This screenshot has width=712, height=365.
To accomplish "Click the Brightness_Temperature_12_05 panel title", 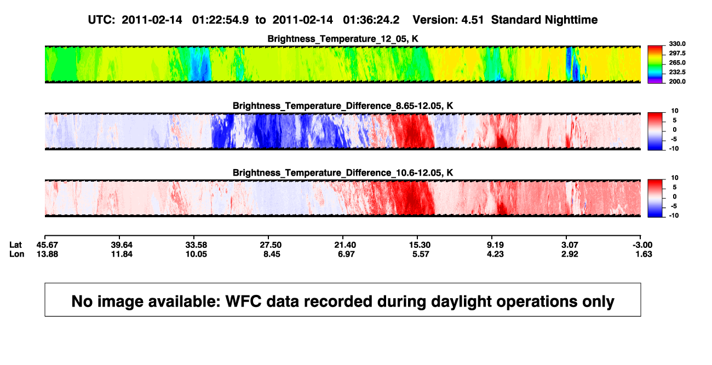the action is [x=343, y=39].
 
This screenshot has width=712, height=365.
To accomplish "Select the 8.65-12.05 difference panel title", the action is [x=343, y=106].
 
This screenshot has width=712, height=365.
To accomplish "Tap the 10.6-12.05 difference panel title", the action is [x=343, y=173].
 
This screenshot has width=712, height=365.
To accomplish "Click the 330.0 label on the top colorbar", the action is [x=677, y=44].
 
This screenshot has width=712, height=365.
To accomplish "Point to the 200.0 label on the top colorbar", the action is [x=677, y=82].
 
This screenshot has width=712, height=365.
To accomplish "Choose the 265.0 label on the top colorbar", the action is [x=677, y=62].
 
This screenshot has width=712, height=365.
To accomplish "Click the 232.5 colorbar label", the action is [x=677, y=72].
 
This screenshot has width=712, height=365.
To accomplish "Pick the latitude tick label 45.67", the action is [x=47, y=245].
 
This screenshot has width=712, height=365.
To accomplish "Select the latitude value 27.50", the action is [x=271, y=245].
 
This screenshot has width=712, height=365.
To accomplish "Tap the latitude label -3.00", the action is [x=642, y=245].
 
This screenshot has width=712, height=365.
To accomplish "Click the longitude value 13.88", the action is [x=47, y=254].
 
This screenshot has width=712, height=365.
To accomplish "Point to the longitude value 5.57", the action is [x=421, y=254].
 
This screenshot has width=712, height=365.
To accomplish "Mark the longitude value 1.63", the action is [x=644, y=254].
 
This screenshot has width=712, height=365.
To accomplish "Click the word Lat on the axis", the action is [x=15, y=245].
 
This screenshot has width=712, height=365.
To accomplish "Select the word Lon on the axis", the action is [x=16, y=254].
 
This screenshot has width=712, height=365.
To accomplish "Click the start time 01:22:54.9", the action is [x=220, y=20].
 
